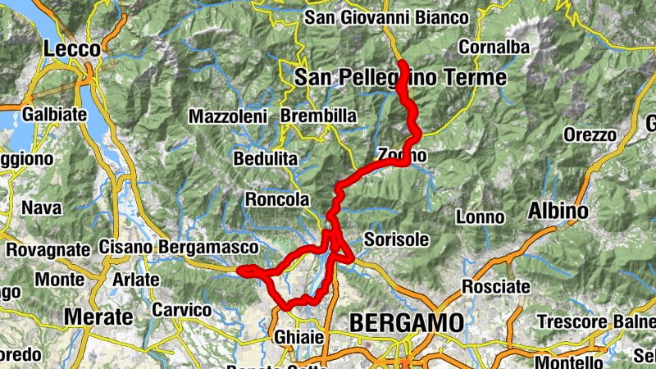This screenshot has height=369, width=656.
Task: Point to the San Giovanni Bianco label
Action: (386, 17)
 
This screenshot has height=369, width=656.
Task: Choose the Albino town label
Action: (558, 211)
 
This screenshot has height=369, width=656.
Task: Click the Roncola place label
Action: (277, 199)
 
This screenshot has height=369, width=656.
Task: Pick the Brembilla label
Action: (318, 116)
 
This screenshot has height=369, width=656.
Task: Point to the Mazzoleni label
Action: (229, 116)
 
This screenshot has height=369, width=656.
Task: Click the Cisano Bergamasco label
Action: (179, 247)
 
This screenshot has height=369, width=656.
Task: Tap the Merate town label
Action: (98, 317)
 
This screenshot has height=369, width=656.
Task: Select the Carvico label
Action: (182, 311)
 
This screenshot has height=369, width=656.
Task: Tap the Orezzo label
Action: (590, 134)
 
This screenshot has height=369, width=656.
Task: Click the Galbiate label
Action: (56, 114)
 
